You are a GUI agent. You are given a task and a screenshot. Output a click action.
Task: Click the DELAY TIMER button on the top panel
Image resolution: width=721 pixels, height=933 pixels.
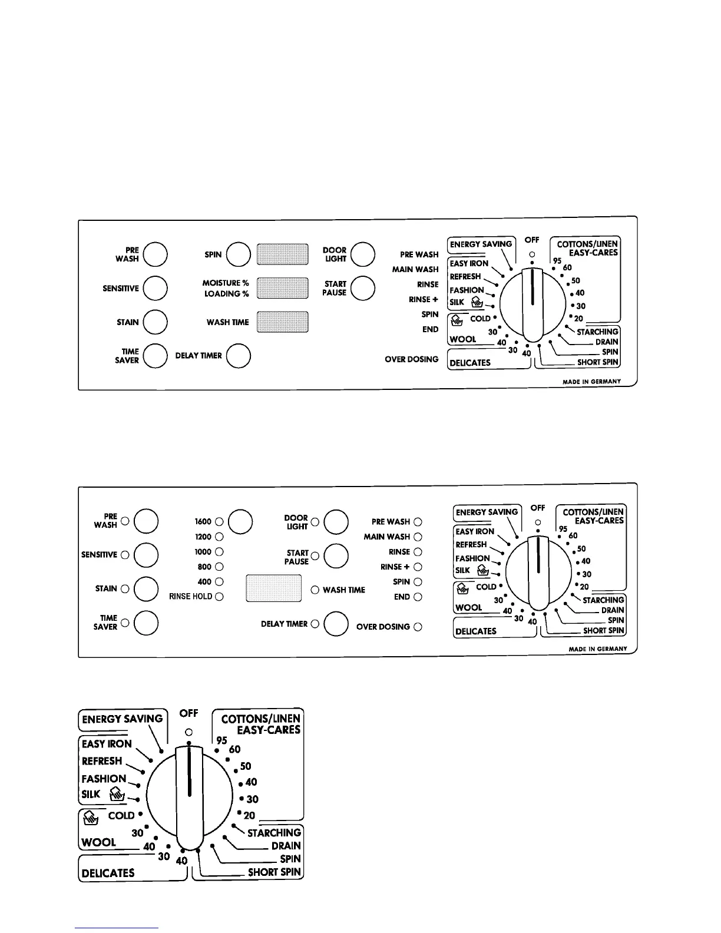[x=239, y=356]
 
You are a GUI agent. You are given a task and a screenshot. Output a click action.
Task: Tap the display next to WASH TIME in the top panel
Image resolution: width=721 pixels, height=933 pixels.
[x=283, y=322]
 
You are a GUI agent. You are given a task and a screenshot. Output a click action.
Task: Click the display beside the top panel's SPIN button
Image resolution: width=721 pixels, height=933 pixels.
[x=283, y=254]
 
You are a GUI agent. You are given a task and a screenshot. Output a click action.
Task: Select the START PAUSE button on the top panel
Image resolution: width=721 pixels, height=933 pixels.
[x=363, y=288]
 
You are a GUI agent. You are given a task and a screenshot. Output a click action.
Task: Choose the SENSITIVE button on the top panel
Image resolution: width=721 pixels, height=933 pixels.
[x=156, y=288]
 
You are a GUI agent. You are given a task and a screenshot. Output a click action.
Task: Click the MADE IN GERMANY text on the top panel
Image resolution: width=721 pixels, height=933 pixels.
[x=591, y=382]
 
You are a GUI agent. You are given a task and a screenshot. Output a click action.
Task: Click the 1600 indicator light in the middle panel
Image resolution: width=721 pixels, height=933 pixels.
[x=219, y=522]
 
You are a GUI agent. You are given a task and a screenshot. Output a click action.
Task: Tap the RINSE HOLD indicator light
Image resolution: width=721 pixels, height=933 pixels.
[x=219, y=597]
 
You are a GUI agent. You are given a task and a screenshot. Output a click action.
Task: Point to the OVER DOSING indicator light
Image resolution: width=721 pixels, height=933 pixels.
[x=418, y=627]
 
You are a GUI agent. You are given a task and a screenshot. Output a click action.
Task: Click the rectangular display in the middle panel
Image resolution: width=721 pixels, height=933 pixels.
[x=273, y=588]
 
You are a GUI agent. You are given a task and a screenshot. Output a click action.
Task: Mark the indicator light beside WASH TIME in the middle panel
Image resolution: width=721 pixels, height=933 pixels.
[x=315, y=590]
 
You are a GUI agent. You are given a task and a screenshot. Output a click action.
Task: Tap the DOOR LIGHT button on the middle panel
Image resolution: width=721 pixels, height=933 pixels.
[x=336, y=522]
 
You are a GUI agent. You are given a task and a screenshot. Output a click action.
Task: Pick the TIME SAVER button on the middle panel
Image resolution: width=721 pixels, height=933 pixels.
[x=146, y=623]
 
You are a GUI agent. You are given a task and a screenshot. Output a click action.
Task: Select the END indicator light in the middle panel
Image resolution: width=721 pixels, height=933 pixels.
[x=418, y=597]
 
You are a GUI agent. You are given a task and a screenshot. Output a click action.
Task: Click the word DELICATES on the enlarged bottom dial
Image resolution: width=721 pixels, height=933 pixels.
[x=108, y=873]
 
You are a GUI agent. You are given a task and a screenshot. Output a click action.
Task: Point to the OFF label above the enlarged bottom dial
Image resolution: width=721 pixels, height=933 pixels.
[x=188, y=713]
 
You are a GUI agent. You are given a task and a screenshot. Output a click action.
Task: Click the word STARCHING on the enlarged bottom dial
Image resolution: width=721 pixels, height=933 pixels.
[x=274, y=832]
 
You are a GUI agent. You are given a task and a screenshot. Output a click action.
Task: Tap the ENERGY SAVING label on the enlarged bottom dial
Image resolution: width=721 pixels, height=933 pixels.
[x=123, y=719]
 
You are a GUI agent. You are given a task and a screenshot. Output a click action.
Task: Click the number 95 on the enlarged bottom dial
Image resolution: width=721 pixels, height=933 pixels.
[x=221, y=740]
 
